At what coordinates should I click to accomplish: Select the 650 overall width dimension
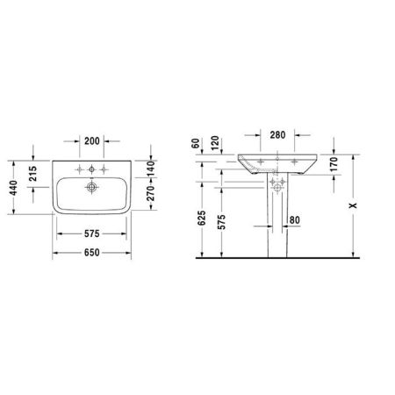pos(91,253)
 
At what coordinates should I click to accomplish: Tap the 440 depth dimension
pos(13,190)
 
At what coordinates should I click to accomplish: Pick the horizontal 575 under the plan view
pos(91,234)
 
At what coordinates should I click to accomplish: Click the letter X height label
pos(353,205)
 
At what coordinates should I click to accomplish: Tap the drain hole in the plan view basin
pos(91,187)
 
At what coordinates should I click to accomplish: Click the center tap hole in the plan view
pos(91,169)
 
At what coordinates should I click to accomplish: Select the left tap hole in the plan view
pos(78,169)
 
